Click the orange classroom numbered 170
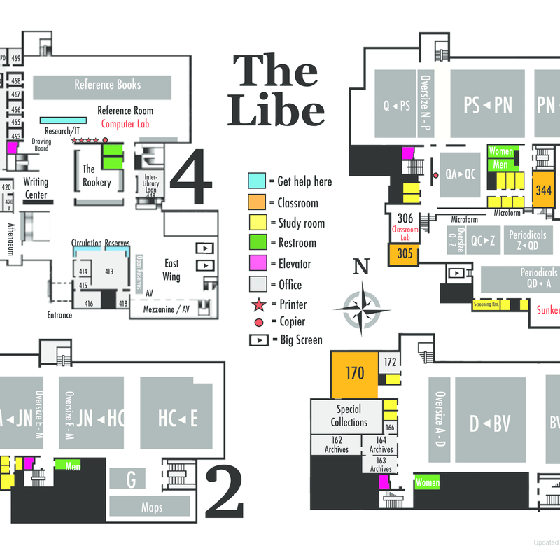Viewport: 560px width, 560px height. coord(355,374)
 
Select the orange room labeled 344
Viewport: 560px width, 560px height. coord(543,189)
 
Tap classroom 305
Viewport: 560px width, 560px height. coord(405,254)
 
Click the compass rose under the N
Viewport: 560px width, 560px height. coord(361,305)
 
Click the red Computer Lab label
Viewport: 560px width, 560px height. coord(127,124)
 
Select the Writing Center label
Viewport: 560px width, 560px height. coord(36,188)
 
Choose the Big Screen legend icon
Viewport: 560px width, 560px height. coord(257,340)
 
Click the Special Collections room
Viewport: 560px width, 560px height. coord(349,416)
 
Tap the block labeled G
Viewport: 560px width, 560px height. coord(130,479)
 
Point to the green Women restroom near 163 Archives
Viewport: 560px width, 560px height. coord(427,483)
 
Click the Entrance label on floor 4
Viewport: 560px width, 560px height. coord(59,315)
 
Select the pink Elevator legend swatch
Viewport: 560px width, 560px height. coord(257,264)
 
